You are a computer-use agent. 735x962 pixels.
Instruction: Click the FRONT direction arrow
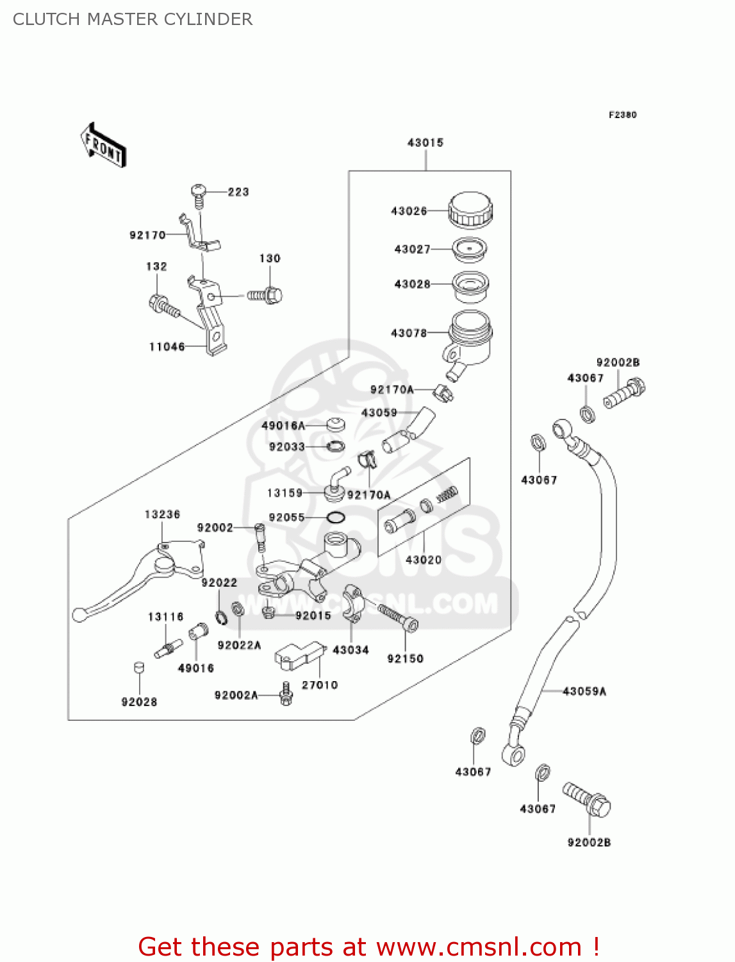pyautogui.click(x=103, y=146)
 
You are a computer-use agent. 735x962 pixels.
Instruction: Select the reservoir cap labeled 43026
pyautogui.click(x=470, y=210)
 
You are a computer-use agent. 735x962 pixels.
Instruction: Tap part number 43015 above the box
pyautogui.click(x=425, y=142)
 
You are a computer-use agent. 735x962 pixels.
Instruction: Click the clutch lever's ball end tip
pyautogui.click(x=79, y=615)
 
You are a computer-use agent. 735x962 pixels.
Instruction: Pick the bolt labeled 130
pyautogui.click(x=265, y=295)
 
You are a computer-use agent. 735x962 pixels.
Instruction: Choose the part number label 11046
pyautogui.click(x=167, y=347)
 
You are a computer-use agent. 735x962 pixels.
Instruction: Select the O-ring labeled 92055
pyautogui.click(x=335, y=518)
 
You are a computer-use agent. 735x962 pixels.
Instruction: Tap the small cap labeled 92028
pyautogui.click(x=138, y=668)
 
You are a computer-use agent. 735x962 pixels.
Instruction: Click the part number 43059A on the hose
pyautogui.click(x=584, y=691)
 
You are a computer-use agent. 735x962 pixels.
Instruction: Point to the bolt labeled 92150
pyautogui.click(x=399, y=617)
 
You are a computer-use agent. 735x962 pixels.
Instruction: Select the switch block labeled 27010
pyautogui.click(x=298, y=655)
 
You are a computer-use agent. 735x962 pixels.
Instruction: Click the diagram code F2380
pyautogui.click(x=622, y=115)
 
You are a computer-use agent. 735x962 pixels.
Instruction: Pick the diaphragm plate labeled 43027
pyautogui.click(x=470, y=249)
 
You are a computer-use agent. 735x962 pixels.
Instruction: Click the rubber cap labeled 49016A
pyautogui.click(x=335, y=425)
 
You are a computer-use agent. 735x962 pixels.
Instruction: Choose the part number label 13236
pyautogui.click(x=162, y=514)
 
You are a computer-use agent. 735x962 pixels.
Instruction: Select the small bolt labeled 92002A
pyautogui.click(x=286, y=695)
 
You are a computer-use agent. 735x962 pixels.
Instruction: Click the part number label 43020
pyautogui.click(x=424, y=560)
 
